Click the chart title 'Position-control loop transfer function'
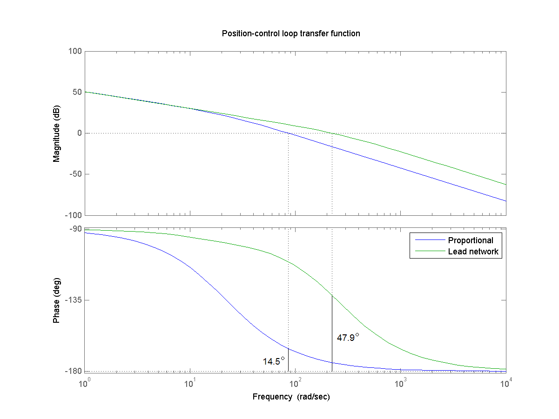click(291, 33)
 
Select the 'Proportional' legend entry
click(470, 240)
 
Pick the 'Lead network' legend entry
click(473, 252)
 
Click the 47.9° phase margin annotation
click(348, 338)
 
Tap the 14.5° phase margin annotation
click(274, 361)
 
